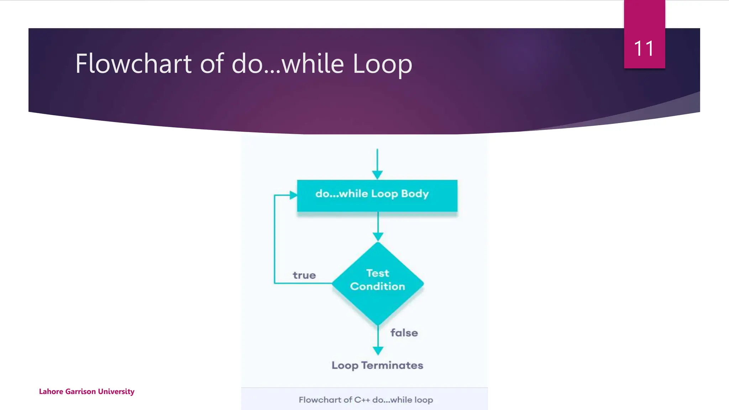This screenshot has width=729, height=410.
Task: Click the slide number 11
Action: pyautogui.click(x=644, y=48)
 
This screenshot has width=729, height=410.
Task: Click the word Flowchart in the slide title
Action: pyautogui.click(x=134, y=64)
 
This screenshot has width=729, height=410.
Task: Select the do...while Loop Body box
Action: pyautogui.click(x=377, y=196)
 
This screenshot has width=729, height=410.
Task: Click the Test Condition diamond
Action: pyautogui.click(x=378, y=283)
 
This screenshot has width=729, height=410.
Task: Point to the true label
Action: pyautogui.click(x=304, y=275)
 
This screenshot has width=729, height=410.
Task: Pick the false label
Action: pyautogui.click(x=404, y=333)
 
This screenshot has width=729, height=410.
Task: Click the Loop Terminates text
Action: pyautogui.click(x=377, y=365)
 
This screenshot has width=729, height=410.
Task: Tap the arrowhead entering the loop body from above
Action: pyautogui.click(x=377, y=175)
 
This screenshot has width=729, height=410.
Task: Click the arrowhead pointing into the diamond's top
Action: pyautogui.click(x=378, y=237)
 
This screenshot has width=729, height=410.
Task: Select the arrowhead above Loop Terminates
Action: pyautogui.click(x=378, y=351)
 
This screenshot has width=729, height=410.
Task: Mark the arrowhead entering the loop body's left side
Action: pyautogui.click(x=293, y=195)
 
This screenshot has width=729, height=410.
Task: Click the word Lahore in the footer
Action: pyautogui.click(x=51, y=391)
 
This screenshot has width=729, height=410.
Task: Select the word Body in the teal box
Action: pyautogui.click(x=415, y=194)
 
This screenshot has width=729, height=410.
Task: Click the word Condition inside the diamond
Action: pyautogui.click(x=377, y=287)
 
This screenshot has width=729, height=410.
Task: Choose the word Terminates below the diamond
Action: pyautogui.click(x=392, y=365)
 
